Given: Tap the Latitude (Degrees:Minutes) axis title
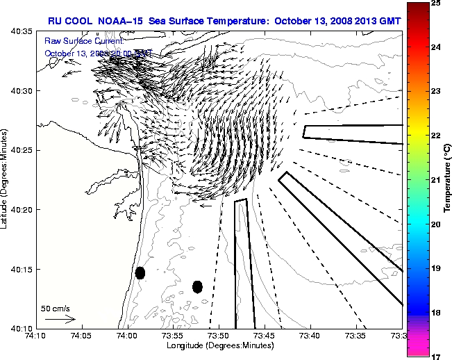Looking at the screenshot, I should click(x=6, y=179).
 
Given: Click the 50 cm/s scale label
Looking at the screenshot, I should click(x=55, y=308).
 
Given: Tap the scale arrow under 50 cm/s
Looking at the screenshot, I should click(x=60, y=319).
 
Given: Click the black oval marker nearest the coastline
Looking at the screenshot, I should click(x=140, y=272).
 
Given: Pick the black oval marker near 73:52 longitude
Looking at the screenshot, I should click(x=197, y=286).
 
